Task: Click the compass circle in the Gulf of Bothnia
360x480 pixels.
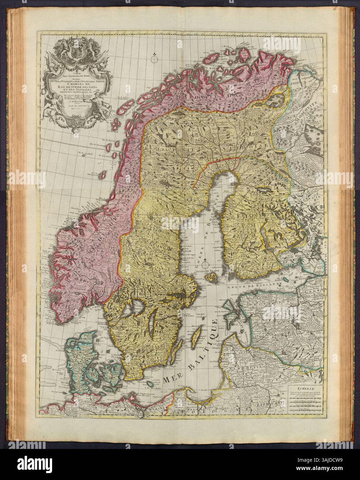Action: (205, 265)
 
